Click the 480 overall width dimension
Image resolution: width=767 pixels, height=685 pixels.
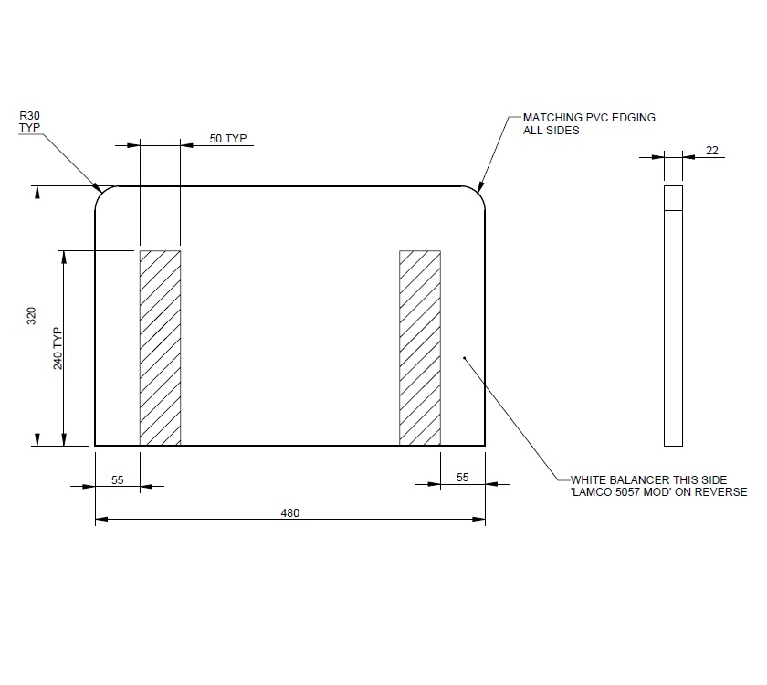click(290, 512)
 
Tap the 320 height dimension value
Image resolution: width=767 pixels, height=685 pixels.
click(31, 316)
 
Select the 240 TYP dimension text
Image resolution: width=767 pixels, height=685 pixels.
click(58, 348)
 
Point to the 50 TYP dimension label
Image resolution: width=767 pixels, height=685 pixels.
click(228, 138)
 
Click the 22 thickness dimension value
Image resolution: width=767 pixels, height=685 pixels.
click(712, 151)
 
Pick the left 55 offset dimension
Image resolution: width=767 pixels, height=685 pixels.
click(118, 478)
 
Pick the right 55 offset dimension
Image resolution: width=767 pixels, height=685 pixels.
click(462, 478)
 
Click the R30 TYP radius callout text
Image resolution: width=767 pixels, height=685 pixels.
click(29, 121)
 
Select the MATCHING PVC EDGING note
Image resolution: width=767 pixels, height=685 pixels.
click(588, 118)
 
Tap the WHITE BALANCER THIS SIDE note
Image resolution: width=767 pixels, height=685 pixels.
click(648, 479)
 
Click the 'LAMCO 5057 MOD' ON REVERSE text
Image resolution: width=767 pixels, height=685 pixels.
click(657, 491)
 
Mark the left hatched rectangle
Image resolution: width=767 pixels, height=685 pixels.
click(160, 348)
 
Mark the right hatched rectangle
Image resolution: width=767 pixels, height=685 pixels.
click(420, 348)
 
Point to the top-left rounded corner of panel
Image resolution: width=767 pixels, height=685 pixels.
click(103, 194)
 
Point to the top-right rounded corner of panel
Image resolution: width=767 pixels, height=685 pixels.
click(477, 194)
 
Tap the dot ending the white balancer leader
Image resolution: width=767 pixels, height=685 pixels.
click(464, 359)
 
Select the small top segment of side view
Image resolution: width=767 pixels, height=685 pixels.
click(673, 198)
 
